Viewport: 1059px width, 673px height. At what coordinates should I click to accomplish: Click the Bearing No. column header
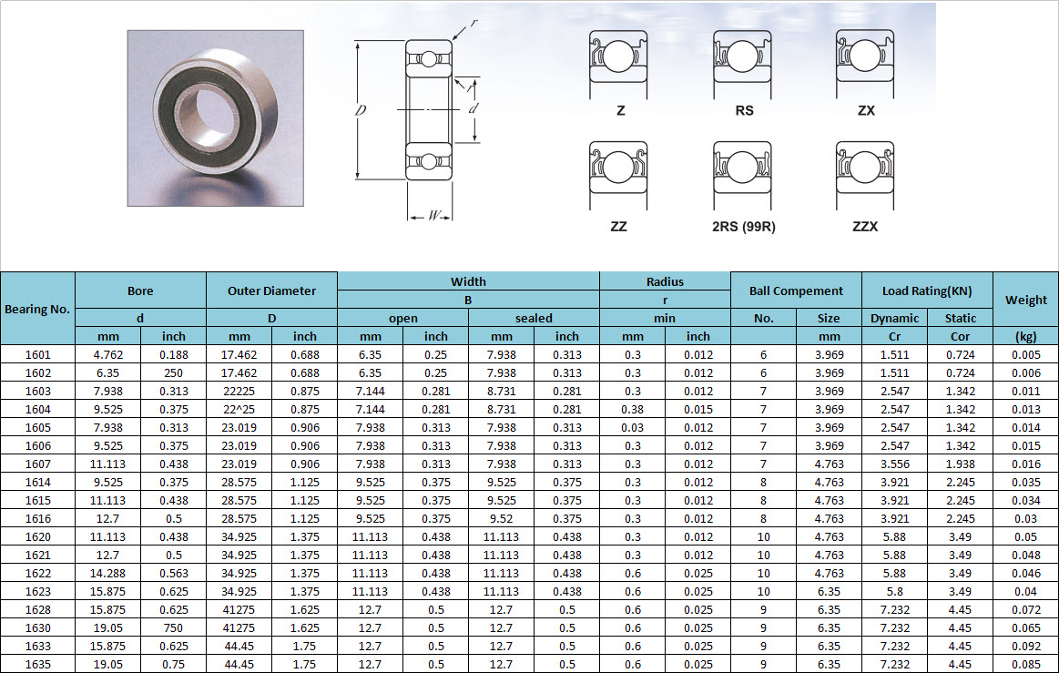37,309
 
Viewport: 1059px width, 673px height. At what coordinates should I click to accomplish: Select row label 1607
38,464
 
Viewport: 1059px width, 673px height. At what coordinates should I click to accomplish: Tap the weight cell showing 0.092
1026,647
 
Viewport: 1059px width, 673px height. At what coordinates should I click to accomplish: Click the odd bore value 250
174,373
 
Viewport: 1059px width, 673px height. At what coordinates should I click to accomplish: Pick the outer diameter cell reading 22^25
239,410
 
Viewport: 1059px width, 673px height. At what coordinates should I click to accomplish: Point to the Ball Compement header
796,291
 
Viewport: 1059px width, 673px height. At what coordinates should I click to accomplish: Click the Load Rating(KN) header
927,291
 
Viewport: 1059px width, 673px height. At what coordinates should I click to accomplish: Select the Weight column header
1026,300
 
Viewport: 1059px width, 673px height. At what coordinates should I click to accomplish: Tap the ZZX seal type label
865,227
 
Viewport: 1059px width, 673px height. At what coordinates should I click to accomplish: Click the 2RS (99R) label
744,227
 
